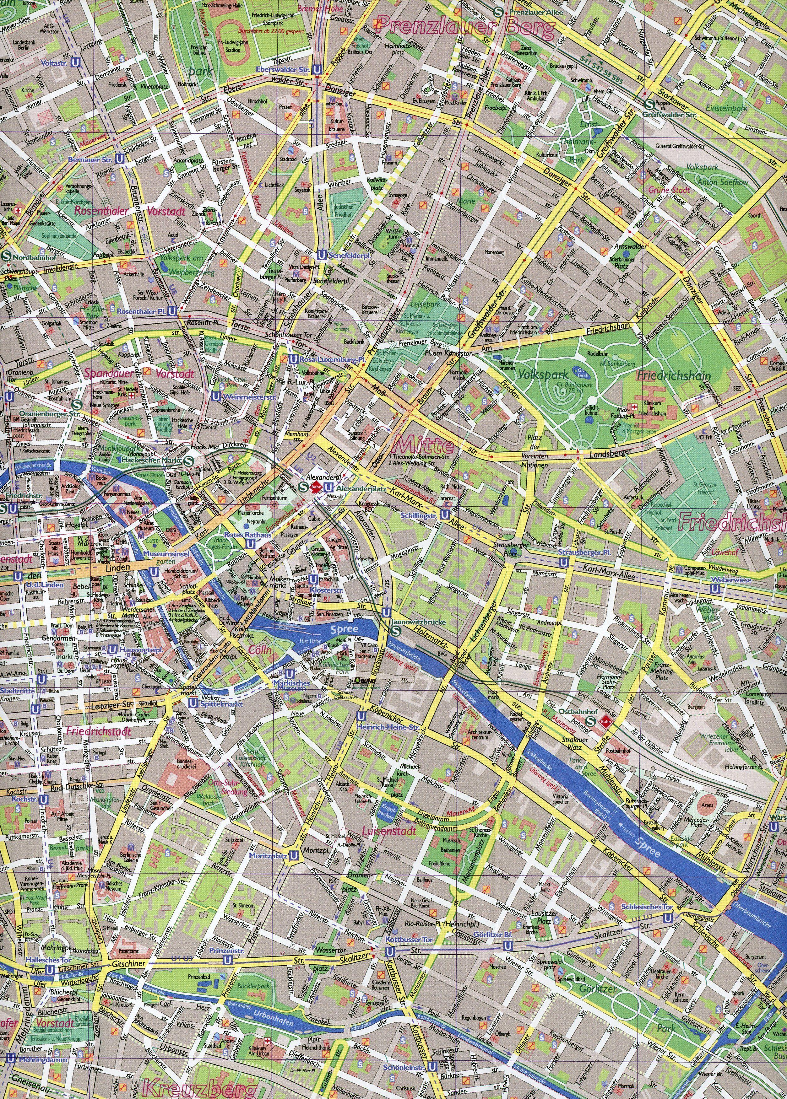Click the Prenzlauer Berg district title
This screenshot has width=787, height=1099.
(465, 28)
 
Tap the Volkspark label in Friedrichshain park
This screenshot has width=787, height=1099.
(535, 374)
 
